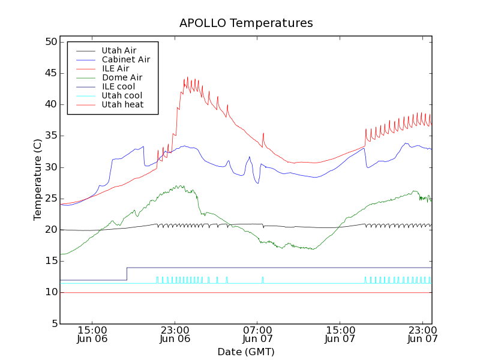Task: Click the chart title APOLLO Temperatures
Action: pos(246,23)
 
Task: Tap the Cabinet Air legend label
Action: pos(125,59)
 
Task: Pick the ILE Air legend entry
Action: pos(115,68)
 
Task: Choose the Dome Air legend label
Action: pos(122,77)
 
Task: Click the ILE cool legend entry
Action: pos(118,86)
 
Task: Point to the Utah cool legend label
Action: pos(122,95)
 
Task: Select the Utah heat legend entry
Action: pos(122,104)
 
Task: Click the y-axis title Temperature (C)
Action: pos(38,180)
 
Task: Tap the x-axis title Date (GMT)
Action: pos(246,351)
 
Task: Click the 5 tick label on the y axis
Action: pos(53,323)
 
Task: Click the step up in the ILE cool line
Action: pos(127,274)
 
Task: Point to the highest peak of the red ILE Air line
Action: pos(187,77)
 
